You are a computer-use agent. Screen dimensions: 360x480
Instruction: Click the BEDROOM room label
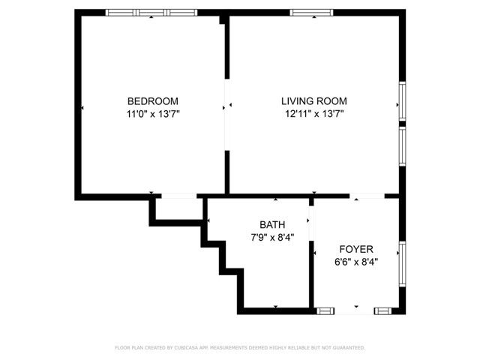click(x=152, y=100)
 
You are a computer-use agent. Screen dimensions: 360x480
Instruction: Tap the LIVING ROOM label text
click(x=313, y=100)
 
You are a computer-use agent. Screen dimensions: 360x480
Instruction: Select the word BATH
click(x=271, y=224)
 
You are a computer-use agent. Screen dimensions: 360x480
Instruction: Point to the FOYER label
click(x=356, y=249)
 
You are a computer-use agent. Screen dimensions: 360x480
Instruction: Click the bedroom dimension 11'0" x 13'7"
click(x=152, y=114)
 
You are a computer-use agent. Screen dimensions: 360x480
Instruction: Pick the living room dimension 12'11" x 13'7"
click(x=313, y=114)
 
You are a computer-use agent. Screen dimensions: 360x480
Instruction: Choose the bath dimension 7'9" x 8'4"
click(x=271, y=237)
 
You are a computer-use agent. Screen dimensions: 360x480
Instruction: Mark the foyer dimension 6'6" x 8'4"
click(x=356, y=262)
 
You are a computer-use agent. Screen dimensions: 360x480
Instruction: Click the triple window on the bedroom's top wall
click(x=151, y=12)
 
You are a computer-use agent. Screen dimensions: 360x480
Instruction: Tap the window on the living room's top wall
click(x=312, y=12)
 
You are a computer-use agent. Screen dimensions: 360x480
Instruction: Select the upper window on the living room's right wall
click(x=402, y=100)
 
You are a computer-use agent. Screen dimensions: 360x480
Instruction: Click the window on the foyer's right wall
click(x=402, y=265)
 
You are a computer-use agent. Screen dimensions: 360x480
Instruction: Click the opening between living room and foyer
click(x=367, y=196)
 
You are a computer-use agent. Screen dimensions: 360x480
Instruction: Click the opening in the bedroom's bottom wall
click(x=177, y=196)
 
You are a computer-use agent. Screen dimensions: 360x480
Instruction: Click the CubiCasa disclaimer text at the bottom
click(x=240, y=348)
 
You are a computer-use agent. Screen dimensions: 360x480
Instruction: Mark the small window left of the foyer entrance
click(x=326, y=310)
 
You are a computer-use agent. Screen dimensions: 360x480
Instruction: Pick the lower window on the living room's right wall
click(x=402, y=146)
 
